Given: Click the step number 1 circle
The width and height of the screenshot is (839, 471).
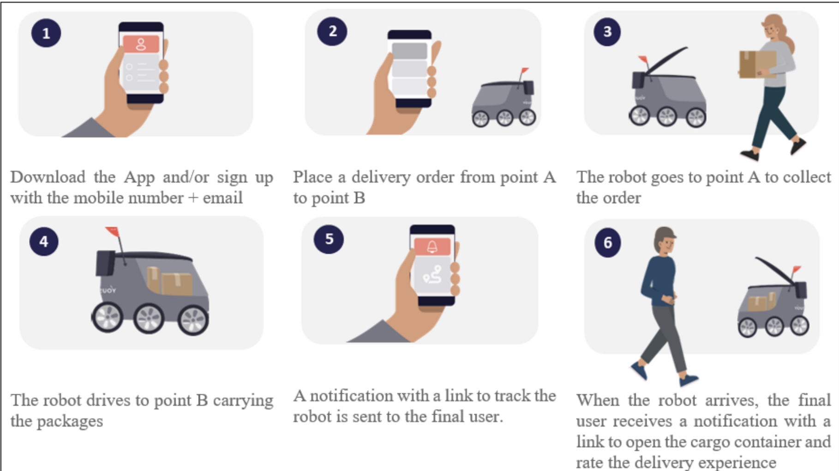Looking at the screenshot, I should pos(46,33).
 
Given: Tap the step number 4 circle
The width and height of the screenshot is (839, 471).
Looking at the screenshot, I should pos(44,242).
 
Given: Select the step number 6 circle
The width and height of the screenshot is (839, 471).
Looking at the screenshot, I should pos(608,242).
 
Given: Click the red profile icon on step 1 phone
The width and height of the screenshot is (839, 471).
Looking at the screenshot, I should pos(141,44).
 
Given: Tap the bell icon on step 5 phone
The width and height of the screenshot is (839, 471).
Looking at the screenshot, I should pos(432,247).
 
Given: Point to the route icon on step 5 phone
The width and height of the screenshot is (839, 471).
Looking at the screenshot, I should pos(432,275).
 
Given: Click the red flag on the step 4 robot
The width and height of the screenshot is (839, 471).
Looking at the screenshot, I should pos(112,231).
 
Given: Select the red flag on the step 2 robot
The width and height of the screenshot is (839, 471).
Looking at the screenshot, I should pos(525,71).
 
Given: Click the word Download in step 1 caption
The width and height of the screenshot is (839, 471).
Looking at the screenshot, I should pos(48,177).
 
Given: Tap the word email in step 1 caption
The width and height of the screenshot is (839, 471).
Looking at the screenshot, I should pos(222,198).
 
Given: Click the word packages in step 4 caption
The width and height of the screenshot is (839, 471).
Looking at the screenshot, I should pos(70,421).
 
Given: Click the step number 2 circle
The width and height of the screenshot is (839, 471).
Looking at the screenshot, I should pos(332,31).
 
